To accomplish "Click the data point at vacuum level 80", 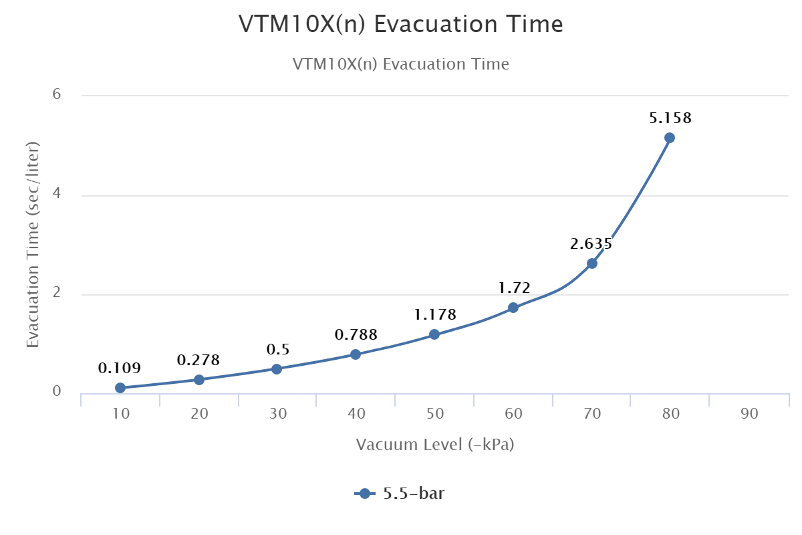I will [670, 138].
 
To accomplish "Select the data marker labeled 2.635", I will [591, 263].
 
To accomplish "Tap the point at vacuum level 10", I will [120, 388].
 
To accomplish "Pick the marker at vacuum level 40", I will [356, 354].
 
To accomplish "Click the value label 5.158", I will [670, 118].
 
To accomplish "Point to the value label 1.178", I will [434, 314].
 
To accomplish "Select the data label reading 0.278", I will [198, 360].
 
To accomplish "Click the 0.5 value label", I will [277, 349].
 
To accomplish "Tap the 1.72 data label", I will [514, 288].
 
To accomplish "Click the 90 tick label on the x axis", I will [749, 414].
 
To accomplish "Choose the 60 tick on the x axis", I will [514, 414].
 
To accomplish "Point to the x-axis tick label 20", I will [199, 414].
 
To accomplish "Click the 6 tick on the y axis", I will [57, 94].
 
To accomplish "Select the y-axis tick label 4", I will [57, 194].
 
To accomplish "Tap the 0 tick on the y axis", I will [57, 392].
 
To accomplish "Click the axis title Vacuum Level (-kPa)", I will [434, 445].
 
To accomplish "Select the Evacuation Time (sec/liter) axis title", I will [33, 244].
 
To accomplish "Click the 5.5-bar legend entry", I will [401, 494].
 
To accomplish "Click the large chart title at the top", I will [401, 25].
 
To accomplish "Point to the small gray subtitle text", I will [401, 64].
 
